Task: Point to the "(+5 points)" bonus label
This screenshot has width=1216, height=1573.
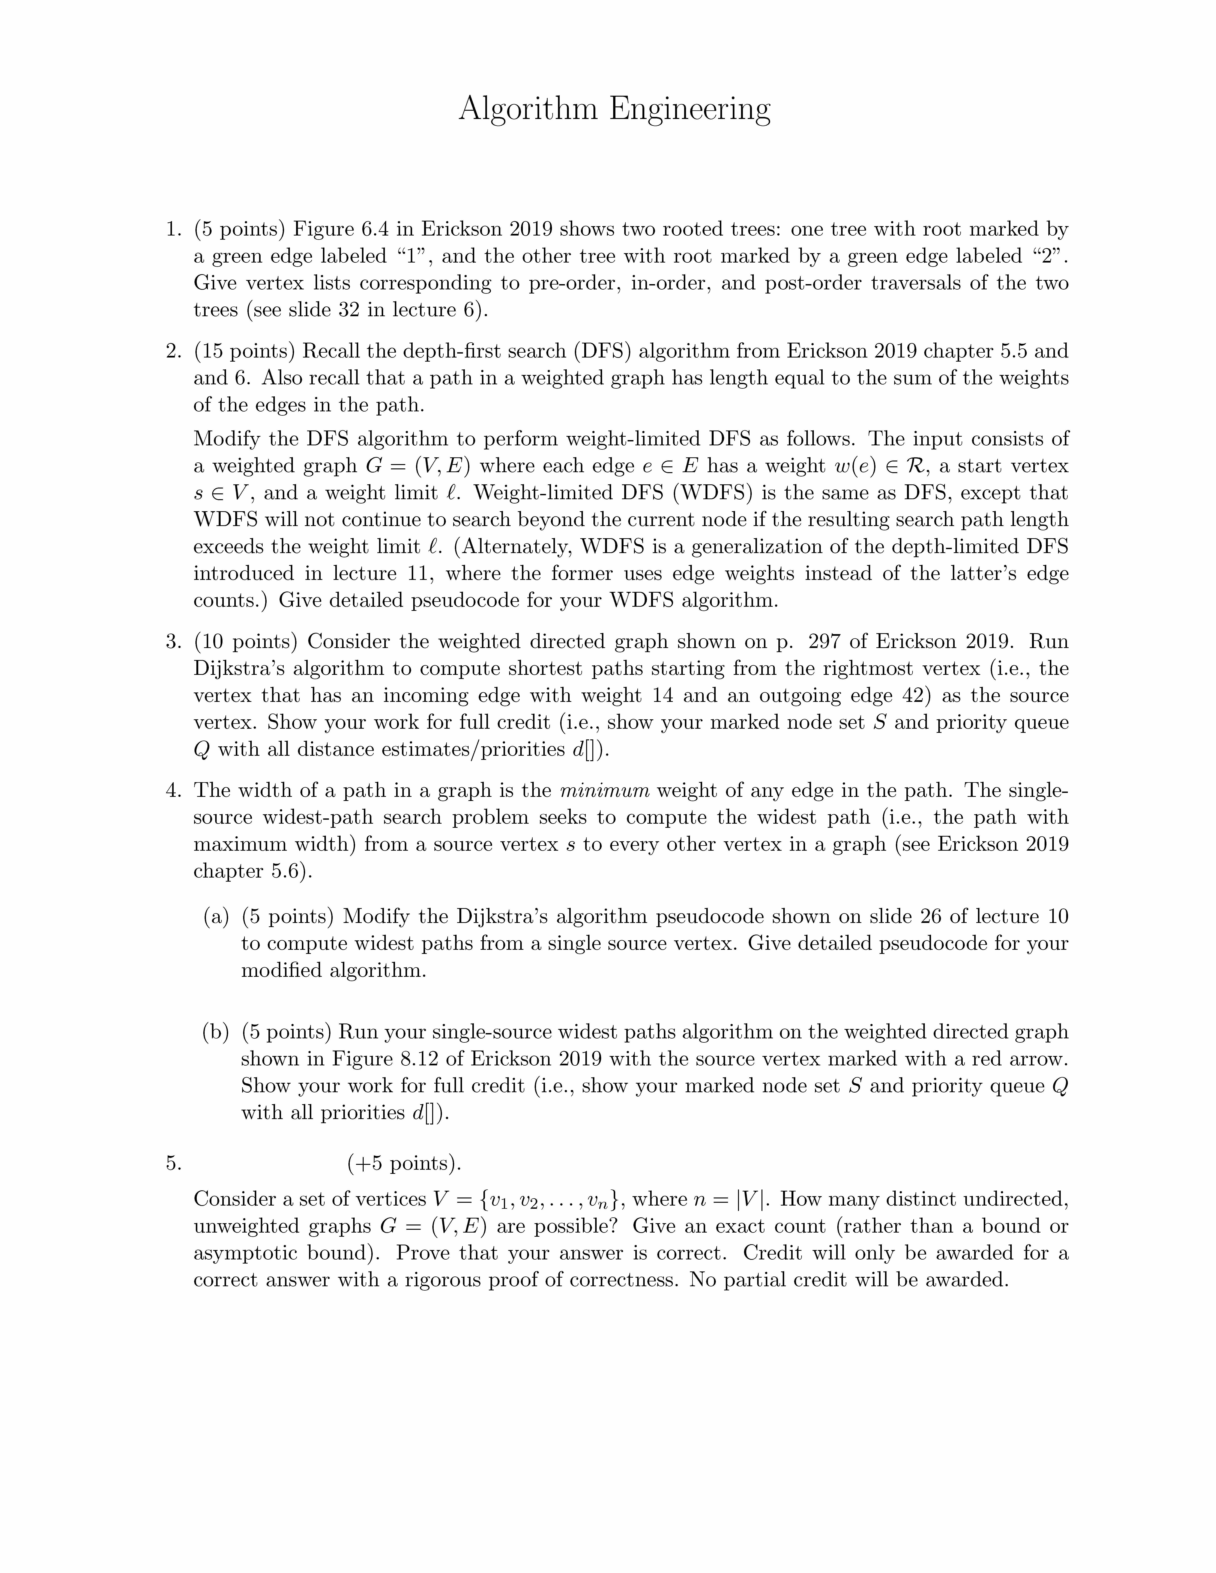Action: coord(403,1163)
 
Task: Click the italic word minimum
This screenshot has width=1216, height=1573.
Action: coord(604,790)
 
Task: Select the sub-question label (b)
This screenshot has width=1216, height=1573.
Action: coord(216,1032)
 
